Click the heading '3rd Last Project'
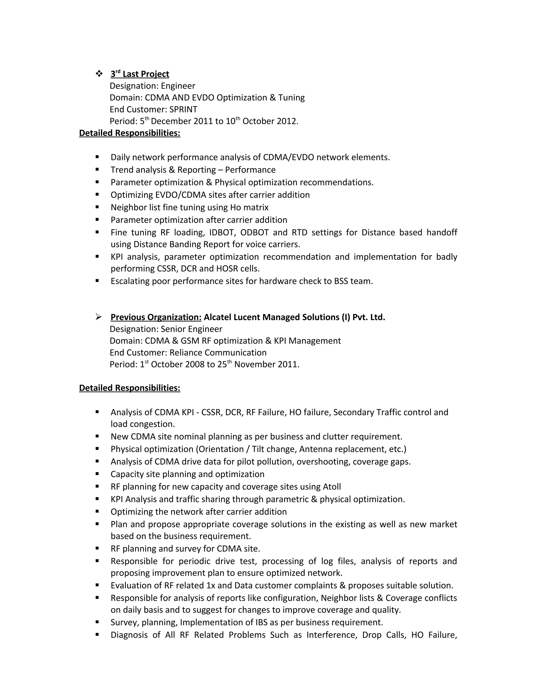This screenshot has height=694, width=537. [x=140, y=74]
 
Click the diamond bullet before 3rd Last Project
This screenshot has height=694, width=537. [x=99, y=74]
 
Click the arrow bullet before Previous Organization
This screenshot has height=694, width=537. [x=99, y=317]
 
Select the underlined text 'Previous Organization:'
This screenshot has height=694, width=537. [x=156, y=317]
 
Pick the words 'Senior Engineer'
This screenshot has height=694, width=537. [x=191, y=329]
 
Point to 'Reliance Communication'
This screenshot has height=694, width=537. [x=218, y=353]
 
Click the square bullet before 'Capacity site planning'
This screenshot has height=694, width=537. [x=97, y=474]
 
